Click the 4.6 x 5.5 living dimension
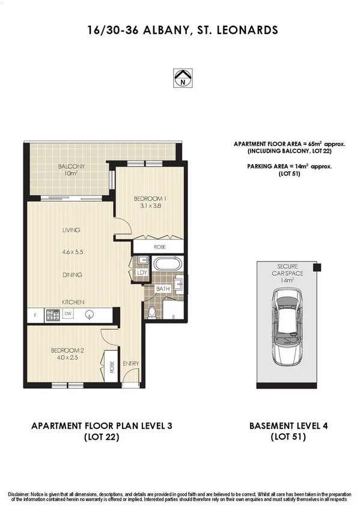click(70, 253)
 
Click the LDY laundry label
click(141, 272)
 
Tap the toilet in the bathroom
click(153, 312)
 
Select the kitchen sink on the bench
click(90, 314)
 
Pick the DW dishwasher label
click(69, 313)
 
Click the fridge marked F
click(34, 314)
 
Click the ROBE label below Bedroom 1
click(159, 247)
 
